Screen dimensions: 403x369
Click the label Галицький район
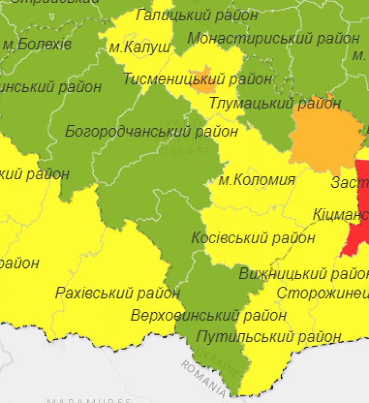tap(197, 15)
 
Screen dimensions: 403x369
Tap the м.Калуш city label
tap(140, 47)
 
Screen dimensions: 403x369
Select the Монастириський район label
tap(273, 38)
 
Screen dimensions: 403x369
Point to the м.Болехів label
tap(37, 45)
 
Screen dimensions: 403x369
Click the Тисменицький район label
tap(197, 79)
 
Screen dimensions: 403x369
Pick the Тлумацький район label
tap(275, 103)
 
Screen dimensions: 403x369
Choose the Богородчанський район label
tap(151, 132)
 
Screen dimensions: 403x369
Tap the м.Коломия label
tap(256, 180)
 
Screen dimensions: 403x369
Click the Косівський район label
tap(253, 238)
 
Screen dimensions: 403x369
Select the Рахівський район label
tap(118, 293)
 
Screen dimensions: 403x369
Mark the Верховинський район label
tap(208, 316)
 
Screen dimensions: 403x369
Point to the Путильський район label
tap(268, 337)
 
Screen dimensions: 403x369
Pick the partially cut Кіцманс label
tap(340, 215)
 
